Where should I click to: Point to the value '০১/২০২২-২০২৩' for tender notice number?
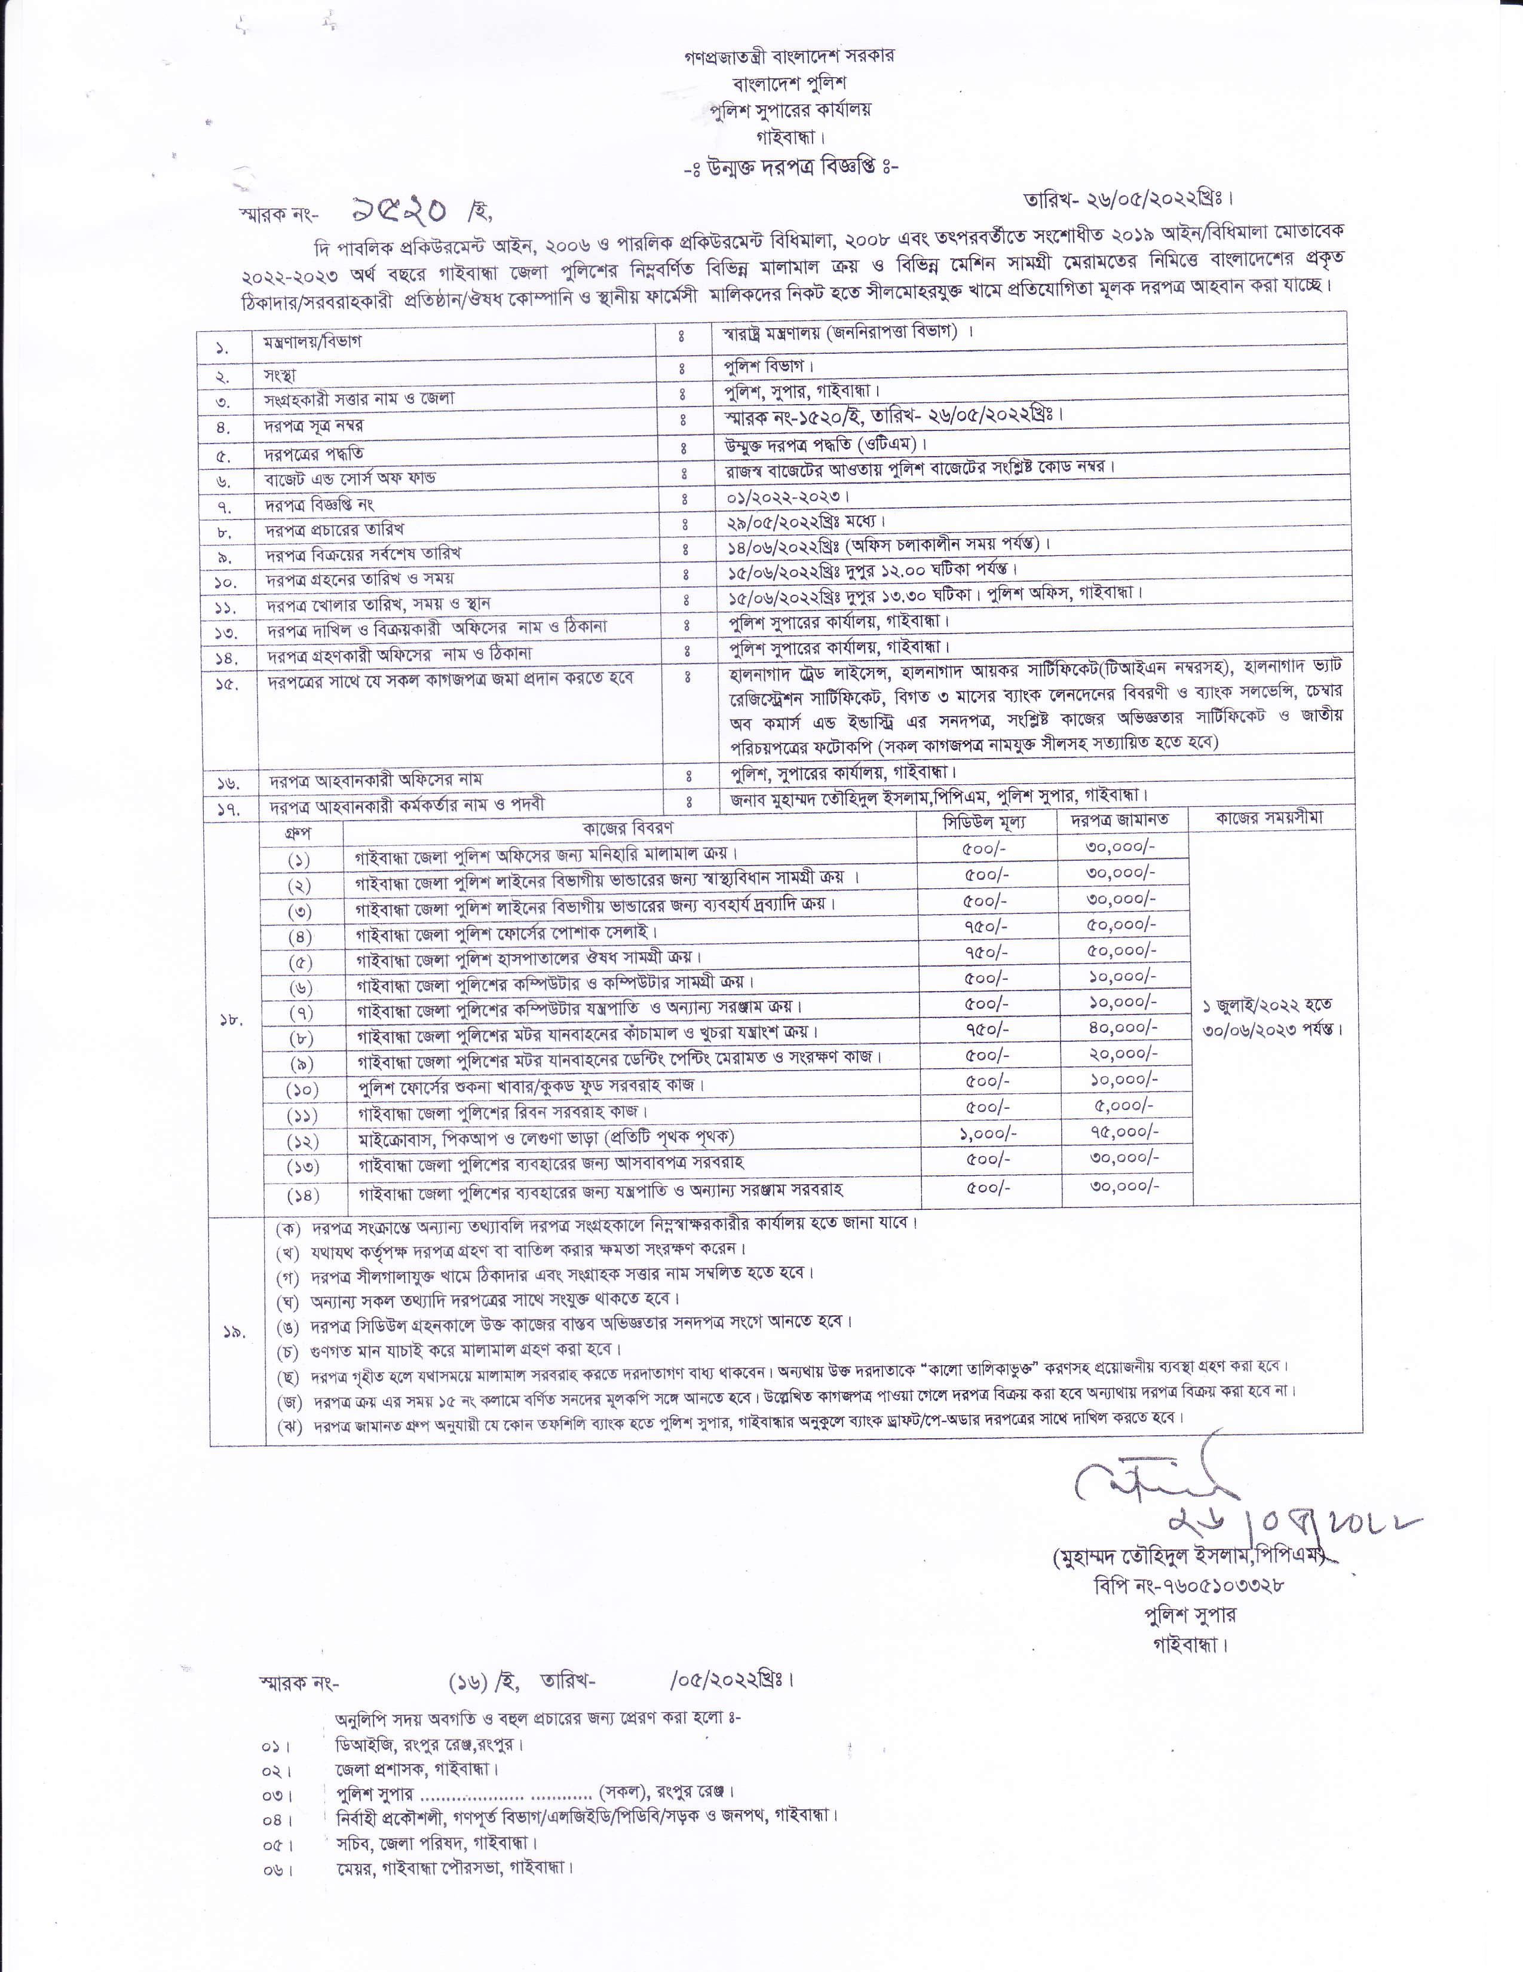[x=788, y=497]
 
